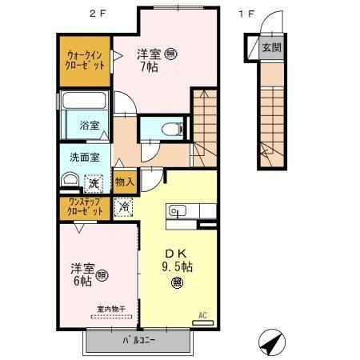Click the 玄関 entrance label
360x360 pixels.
click(x=271, y=47)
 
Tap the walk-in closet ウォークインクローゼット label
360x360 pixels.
click(x=84, y=62)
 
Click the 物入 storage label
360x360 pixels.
click(x=125, y=183)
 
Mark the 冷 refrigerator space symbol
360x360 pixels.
click(x=125, y=206)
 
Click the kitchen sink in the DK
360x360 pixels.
click(x=178, y=211)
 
